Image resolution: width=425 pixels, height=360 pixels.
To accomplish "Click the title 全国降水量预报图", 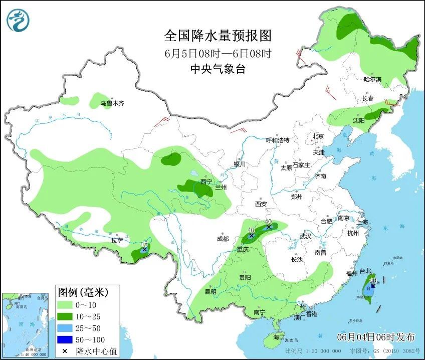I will tap(218, 36).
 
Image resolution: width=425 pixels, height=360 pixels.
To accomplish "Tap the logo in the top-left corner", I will tap(18, 20).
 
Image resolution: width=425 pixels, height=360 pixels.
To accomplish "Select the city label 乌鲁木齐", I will tap(111, 103).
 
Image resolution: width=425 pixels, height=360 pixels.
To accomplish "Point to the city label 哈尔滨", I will tap(372, 79).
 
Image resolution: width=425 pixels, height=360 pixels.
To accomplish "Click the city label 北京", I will tap(318, 136).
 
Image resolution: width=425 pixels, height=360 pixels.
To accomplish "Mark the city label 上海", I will tap(362, 222).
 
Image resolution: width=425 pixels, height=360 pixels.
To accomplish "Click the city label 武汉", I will tap(305, 236).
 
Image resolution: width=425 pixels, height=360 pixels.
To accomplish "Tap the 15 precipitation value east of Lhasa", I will tap(144, 243).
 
